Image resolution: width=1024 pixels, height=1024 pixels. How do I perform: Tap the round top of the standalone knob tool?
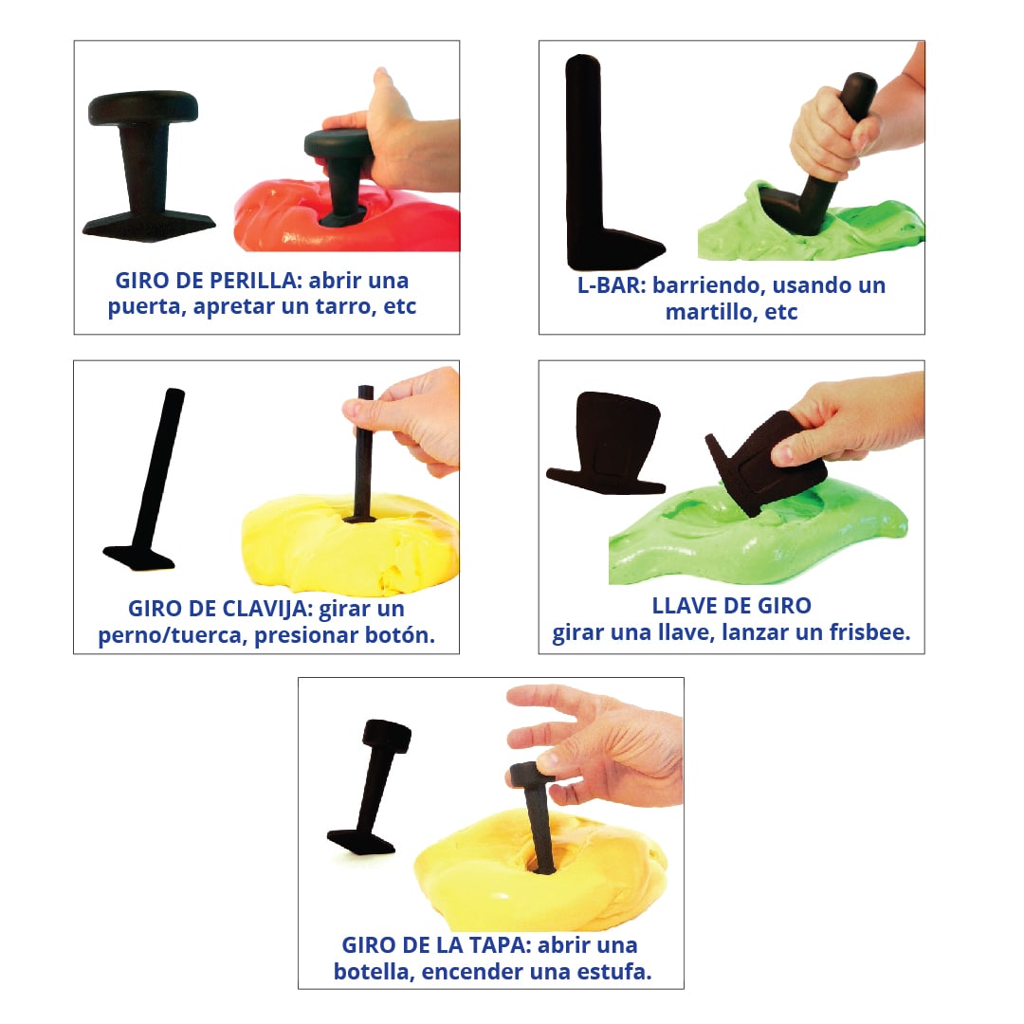point(143,107)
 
